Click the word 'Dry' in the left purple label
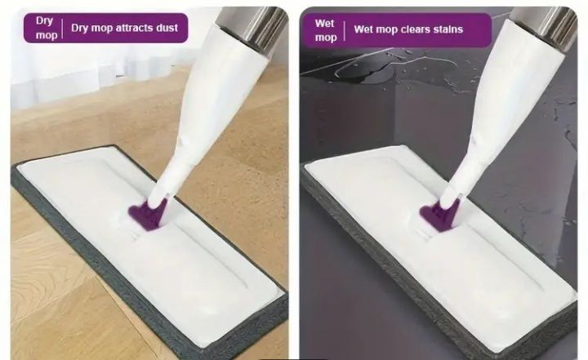tap(44, 21)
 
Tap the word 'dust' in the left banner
tap(164, 28)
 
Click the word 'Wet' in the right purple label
tap(324, 23)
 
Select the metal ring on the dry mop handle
tap(252, 27)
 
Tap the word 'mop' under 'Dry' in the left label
tap(47, 36)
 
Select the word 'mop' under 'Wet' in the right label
tap(326, 38)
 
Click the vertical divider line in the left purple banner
tap(62, 29)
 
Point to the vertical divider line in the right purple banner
tap(345, 31)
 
